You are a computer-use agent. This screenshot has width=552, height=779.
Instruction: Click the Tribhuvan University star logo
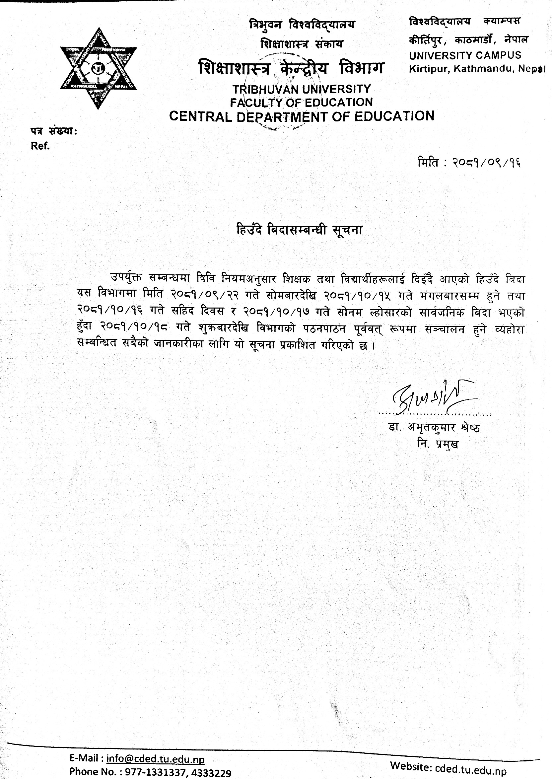[98, 68]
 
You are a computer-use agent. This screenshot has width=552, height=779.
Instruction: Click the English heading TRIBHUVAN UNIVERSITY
[302, 89]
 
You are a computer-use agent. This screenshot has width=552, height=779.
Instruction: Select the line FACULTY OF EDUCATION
[301, 102]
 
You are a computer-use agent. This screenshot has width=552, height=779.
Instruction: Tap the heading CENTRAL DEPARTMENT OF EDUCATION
[302, 116]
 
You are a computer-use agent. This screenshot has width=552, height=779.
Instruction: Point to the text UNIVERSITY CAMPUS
[465, 55]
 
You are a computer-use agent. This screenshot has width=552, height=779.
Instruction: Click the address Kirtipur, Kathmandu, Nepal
[477, 69]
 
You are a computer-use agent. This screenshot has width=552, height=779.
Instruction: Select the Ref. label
[40, 146]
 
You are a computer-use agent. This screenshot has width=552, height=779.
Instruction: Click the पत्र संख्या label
[54, 131]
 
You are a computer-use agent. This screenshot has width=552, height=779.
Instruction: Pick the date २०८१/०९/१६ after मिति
[486, 163]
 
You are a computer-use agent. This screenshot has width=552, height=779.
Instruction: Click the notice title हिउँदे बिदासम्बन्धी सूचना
[300, 230]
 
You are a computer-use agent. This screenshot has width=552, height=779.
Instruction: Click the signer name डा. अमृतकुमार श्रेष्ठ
[434, 428]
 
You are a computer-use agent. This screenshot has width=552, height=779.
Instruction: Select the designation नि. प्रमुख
[438, 444]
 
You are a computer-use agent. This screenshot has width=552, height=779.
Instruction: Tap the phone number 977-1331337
[155, 772]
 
